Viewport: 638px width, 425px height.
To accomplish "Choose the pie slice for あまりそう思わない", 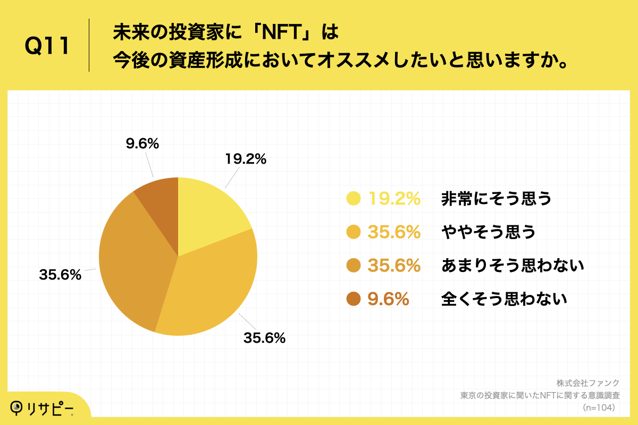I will (133, 260).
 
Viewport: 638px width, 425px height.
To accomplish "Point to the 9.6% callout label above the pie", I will (142, 143).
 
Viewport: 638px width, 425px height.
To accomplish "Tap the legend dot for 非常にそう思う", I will (353, 199).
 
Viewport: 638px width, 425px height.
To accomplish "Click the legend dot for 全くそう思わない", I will (353, 299).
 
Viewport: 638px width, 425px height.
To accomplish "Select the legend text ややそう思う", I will (488, 232).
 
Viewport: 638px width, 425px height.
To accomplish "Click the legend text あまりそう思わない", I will (513, 266).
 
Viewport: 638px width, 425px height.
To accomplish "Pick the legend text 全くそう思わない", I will (504, 299).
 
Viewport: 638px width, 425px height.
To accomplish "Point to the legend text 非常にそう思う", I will (496, 199).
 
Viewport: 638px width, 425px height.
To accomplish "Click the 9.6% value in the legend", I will (388, 299).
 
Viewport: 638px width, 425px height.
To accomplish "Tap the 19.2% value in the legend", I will (394, 199).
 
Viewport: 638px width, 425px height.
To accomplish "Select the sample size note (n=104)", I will (599, 407).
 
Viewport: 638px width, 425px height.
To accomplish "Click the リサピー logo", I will (42, 408).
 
